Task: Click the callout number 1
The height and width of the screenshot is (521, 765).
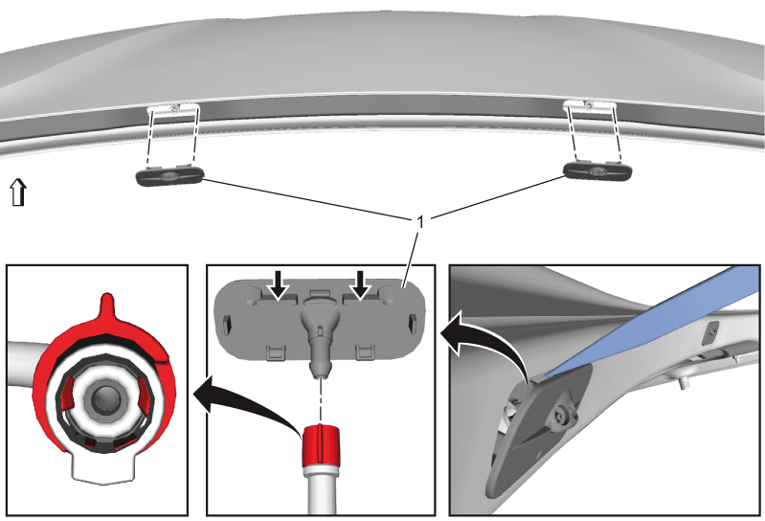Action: [x=420, y=222]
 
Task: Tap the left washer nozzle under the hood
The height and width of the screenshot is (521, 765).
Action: [x=169, y=175]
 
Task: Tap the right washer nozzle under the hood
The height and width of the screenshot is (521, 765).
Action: [x=597, y=170]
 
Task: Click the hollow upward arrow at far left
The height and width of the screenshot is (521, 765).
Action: [x=18, y=192]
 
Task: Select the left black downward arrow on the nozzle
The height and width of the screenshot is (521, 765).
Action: [x=279, y=284]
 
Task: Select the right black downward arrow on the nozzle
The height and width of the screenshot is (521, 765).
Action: [x=361, y=284]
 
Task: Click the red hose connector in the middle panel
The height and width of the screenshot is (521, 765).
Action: [x=320, y=445]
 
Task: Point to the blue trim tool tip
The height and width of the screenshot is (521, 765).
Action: [x=547, y=374]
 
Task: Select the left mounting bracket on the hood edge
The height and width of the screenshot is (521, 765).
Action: [x=173, y=108]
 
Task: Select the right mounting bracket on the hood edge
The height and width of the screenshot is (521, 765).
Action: [x=590, y=105]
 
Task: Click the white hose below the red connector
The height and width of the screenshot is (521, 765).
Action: [x=321, y=490]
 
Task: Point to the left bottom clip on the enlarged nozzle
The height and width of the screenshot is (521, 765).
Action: [x=276, y=352]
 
